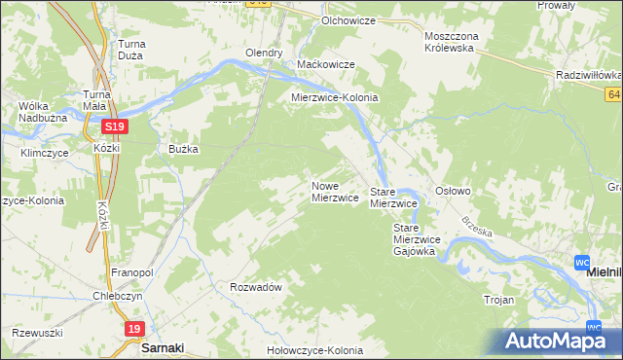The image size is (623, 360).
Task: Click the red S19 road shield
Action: [x=114, y=126]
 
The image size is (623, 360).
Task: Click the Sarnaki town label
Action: [x=163, y=346]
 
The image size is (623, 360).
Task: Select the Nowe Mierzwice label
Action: [x=335, y=192]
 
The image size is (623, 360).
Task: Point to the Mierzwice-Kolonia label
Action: [x=335, y=98]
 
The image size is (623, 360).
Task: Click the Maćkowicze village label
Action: [x=325, y=64]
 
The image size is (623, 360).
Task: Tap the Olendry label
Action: [x=264, y=53]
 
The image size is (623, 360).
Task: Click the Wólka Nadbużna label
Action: [x=34, y=111]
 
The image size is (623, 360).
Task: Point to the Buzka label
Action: [x=184, y=149]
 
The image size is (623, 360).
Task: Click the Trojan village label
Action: [x=498, y=301]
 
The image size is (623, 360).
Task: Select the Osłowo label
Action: [x=453, y=192]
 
